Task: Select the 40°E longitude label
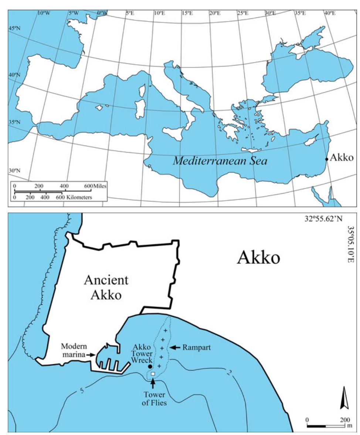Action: point(330,13)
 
